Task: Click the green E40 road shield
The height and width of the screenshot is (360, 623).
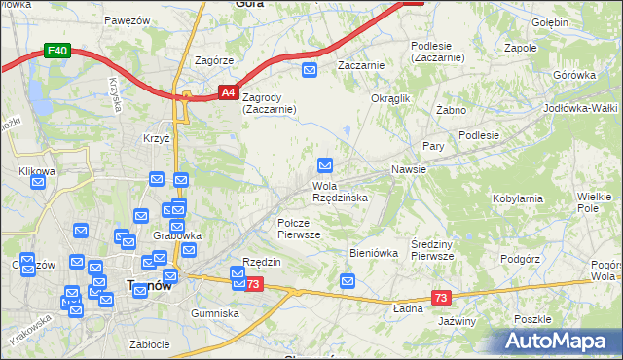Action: pos(57,51)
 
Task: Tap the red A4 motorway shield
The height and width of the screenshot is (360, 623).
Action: pos(227,93)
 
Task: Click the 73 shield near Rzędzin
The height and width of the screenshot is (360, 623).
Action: pos(253,284)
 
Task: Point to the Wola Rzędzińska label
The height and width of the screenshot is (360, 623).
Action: pos(340,192)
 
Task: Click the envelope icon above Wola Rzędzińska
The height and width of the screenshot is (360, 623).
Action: pos(325,166)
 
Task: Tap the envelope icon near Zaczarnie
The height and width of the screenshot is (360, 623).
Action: pos(310,69)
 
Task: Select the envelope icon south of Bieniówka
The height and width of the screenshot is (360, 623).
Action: pos(348,281)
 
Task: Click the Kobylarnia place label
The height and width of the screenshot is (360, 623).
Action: pos(518,198)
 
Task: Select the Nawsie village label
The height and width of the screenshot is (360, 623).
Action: pos(409,169)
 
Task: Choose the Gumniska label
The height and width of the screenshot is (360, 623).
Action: pos(215,313)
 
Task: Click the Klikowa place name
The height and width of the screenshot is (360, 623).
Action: pos(37,171)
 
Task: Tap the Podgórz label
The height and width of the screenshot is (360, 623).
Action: pos(519,259)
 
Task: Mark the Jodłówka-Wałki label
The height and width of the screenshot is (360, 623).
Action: pos(582,108)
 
